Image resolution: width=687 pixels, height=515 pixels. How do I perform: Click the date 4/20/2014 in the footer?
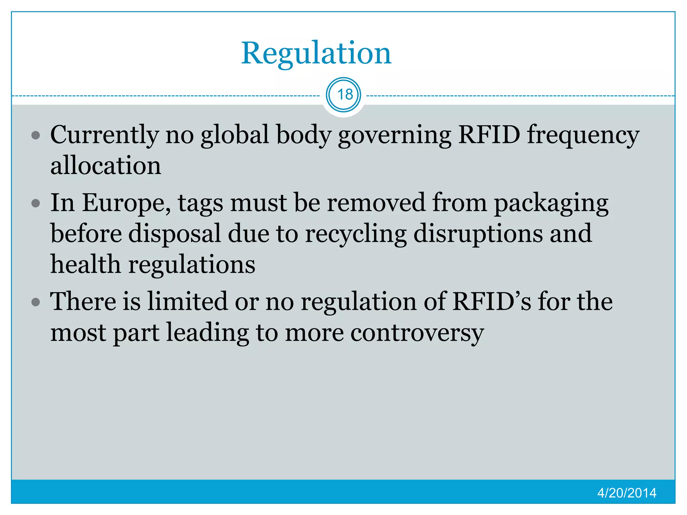[x=626, y=493]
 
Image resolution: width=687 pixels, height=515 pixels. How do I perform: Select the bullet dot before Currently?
[x=36, y=135]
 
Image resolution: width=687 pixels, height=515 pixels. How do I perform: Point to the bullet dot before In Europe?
[x=36, y=204]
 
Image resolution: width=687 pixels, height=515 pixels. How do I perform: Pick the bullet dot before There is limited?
[x=36, y=302]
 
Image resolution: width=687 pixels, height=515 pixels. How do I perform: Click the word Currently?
[x=104, y=135]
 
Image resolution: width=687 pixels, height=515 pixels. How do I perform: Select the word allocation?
[x=106, y=166]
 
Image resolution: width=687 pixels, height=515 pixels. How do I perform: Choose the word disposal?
[x=174, y=234]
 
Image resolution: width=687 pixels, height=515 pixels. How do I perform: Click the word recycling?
[x=356, y=234]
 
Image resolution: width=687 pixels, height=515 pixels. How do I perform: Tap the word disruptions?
[x=478, y=234]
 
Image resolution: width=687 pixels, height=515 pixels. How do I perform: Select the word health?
[x=86, y=264]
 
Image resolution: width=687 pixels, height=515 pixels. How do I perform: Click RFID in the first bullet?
[x=489, y=135]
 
